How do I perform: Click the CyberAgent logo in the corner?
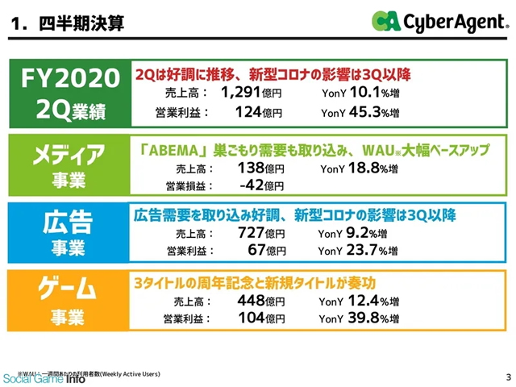click(439, 22)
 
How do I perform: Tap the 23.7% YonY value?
click(366, 251)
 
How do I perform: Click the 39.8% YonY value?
click(366, 318)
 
